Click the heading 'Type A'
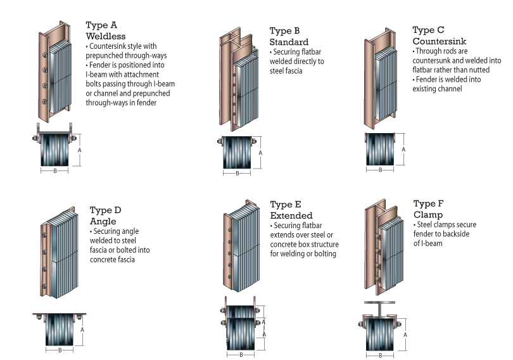click(102, 25)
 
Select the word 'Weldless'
click(105, 36)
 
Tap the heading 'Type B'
click(285, 31)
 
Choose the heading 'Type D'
click(105, 210)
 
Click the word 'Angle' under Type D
click(103, 221)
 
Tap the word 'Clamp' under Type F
click(428, 215)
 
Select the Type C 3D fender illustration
click(383, 79)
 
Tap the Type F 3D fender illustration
click(383, 250)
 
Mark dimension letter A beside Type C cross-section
click(404, 149)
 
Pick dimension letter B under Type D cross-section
click(60, 349)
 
